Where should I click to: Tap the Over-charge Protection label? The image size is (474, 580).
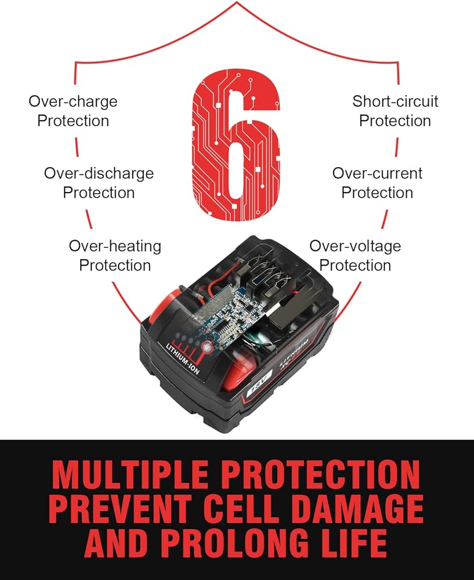(73, 111)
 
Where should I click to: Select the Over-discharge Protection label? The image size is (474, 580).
(99, 183)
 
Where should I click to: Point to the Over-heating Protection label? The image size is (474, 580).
(115, 256)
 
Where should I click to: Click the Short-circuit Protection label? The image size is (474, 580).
(395, 111)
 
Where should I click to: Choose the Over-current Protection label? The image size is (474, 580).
(377, 183)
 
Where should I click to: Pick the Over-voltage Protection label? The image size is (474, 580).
(355, 256)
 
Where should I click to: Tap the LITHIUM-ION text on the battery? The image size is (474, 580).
(182, 358)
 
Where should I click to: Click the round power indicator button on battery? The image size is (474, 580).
(207, 347)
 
